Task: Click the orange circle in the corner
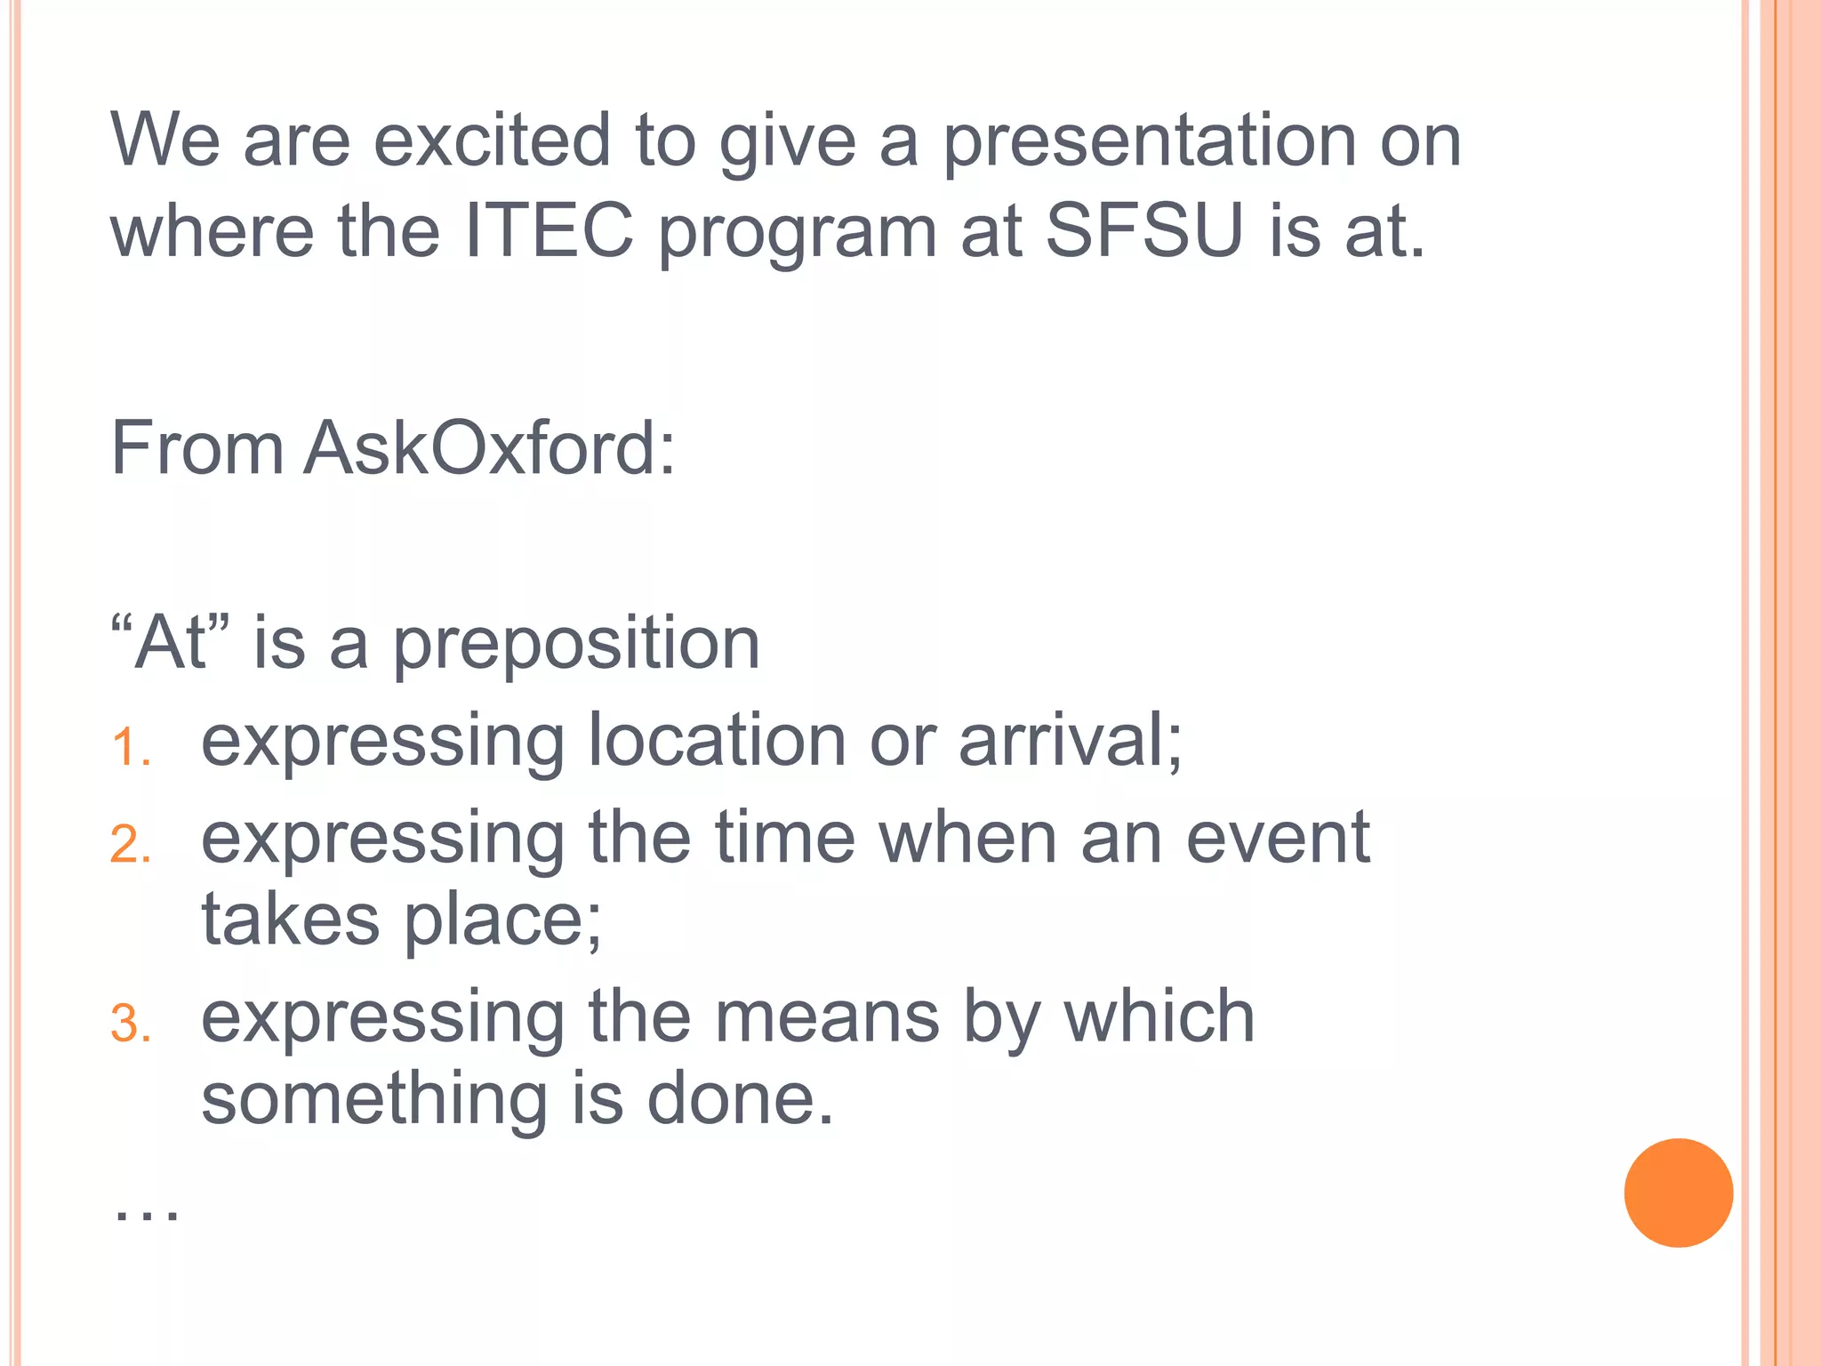point(1678,1193)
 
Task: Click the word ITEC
point(549,231)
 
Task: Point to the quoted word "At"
point(171,642)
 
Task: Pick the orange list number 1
point(129,747)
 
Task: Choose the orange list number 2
point(130,845)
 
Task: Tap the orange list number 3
point(130,1024)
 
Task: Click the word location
point(717,740)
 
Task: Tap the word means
point(827,1017)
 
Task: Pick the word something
point(374,1100)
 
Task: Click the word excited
point(492,141)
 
